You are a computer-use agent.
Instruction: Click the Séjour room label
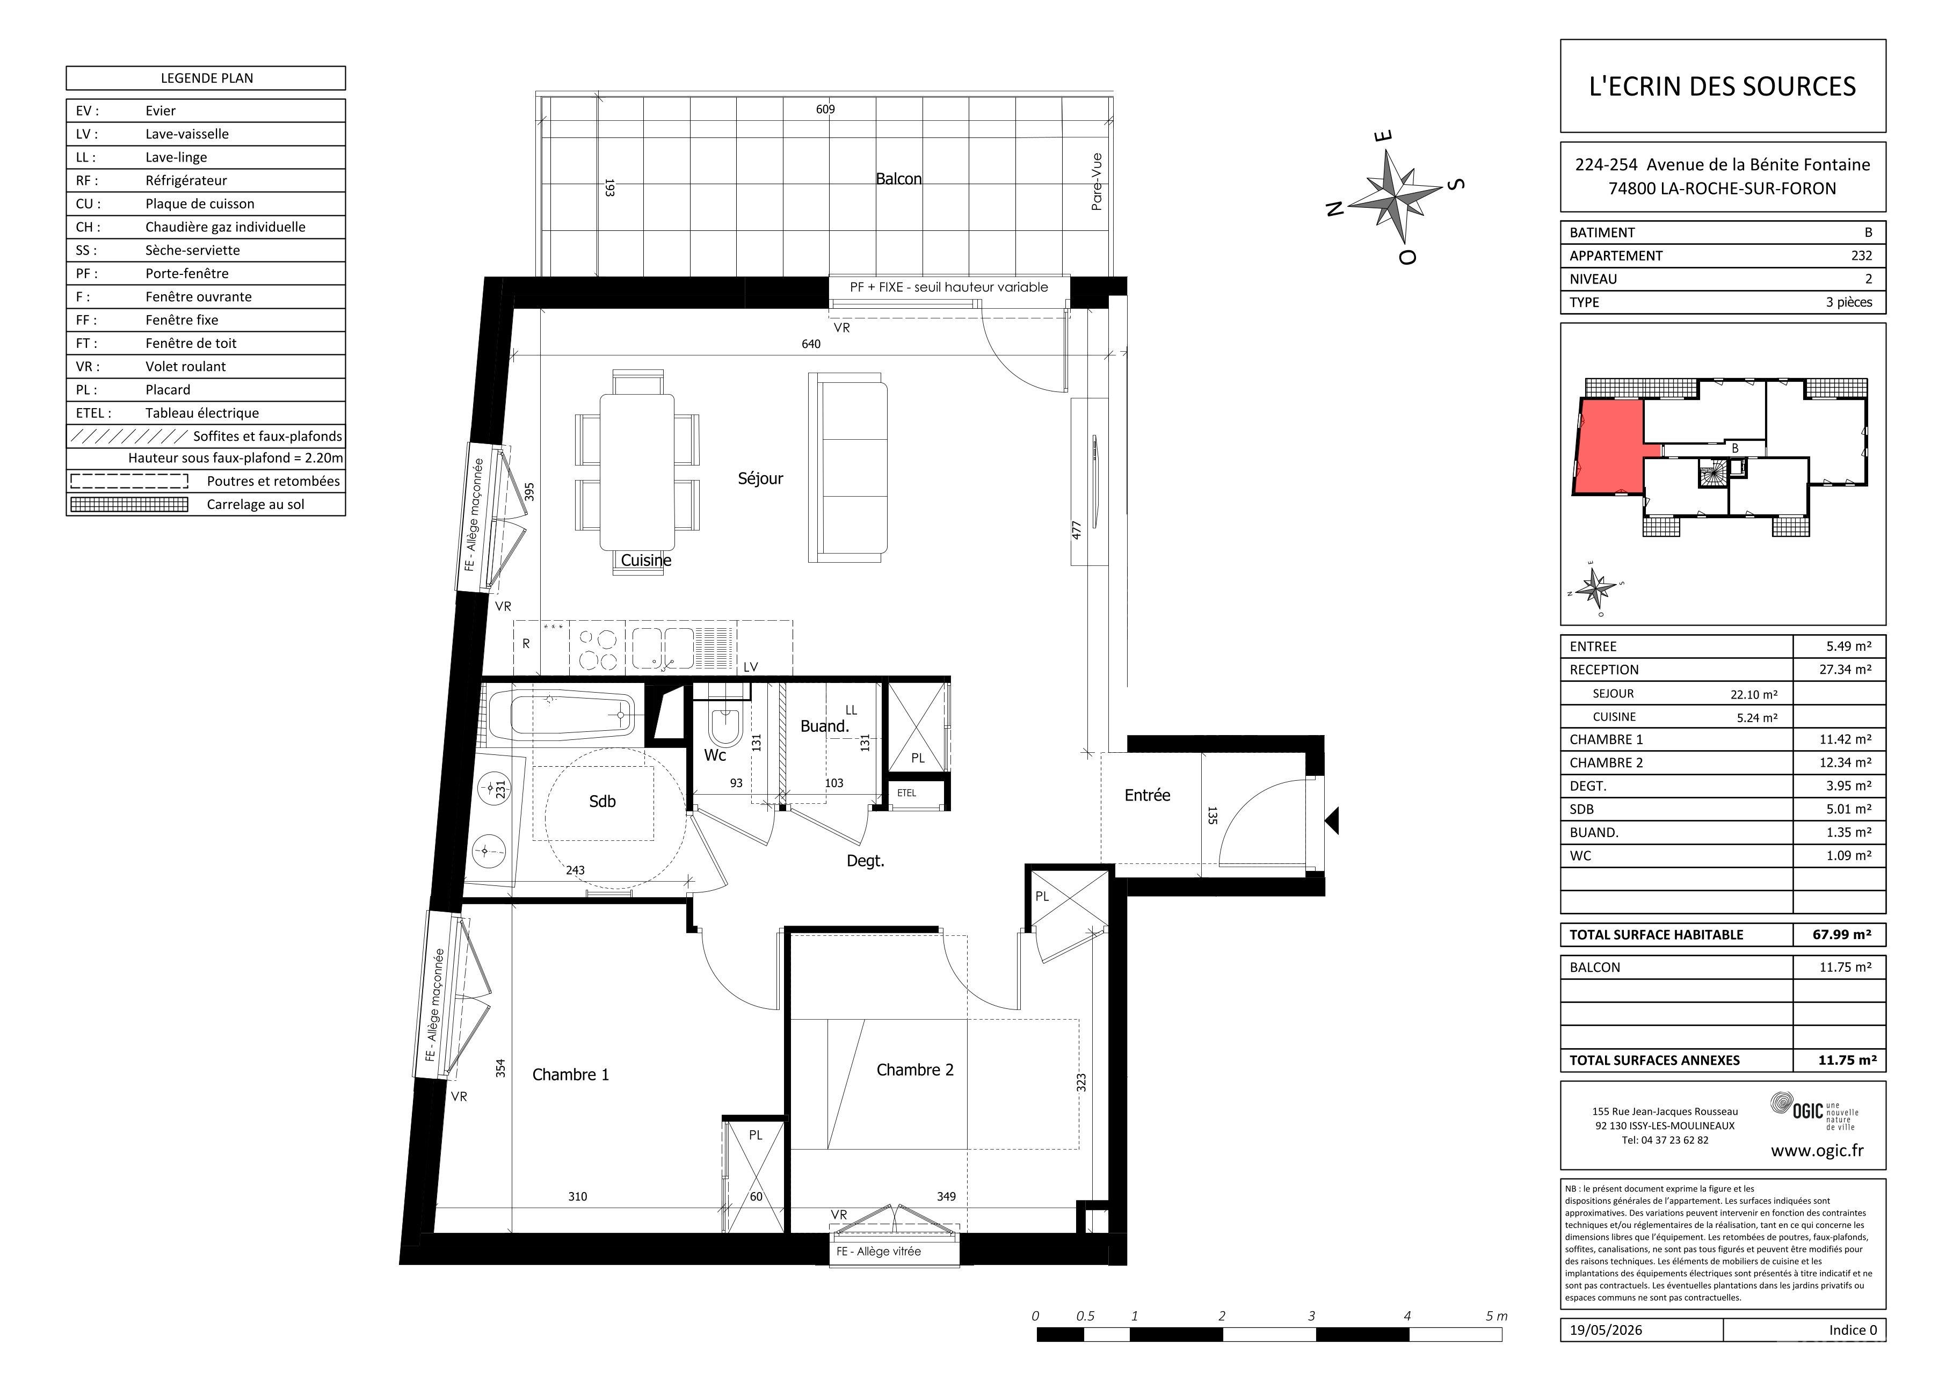tap(760, 479)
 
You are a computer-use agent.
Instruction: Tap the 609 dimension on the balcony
tap(825, 109)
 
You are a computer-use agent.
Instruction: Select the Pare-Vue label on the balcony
tap(1097, 181)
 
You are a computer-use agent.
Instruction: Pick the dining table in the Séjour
tap(637, 472)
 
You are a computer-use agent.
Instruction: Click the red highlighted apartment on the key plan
tap(1606, 446)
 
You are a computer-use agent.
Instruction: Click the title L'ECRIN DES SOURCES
tap(1723, 86)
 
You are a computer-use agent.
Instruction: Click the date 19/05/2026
tap(1607, 1330)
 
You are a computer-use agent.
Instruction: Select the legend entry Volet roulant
tap(185, 367)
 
